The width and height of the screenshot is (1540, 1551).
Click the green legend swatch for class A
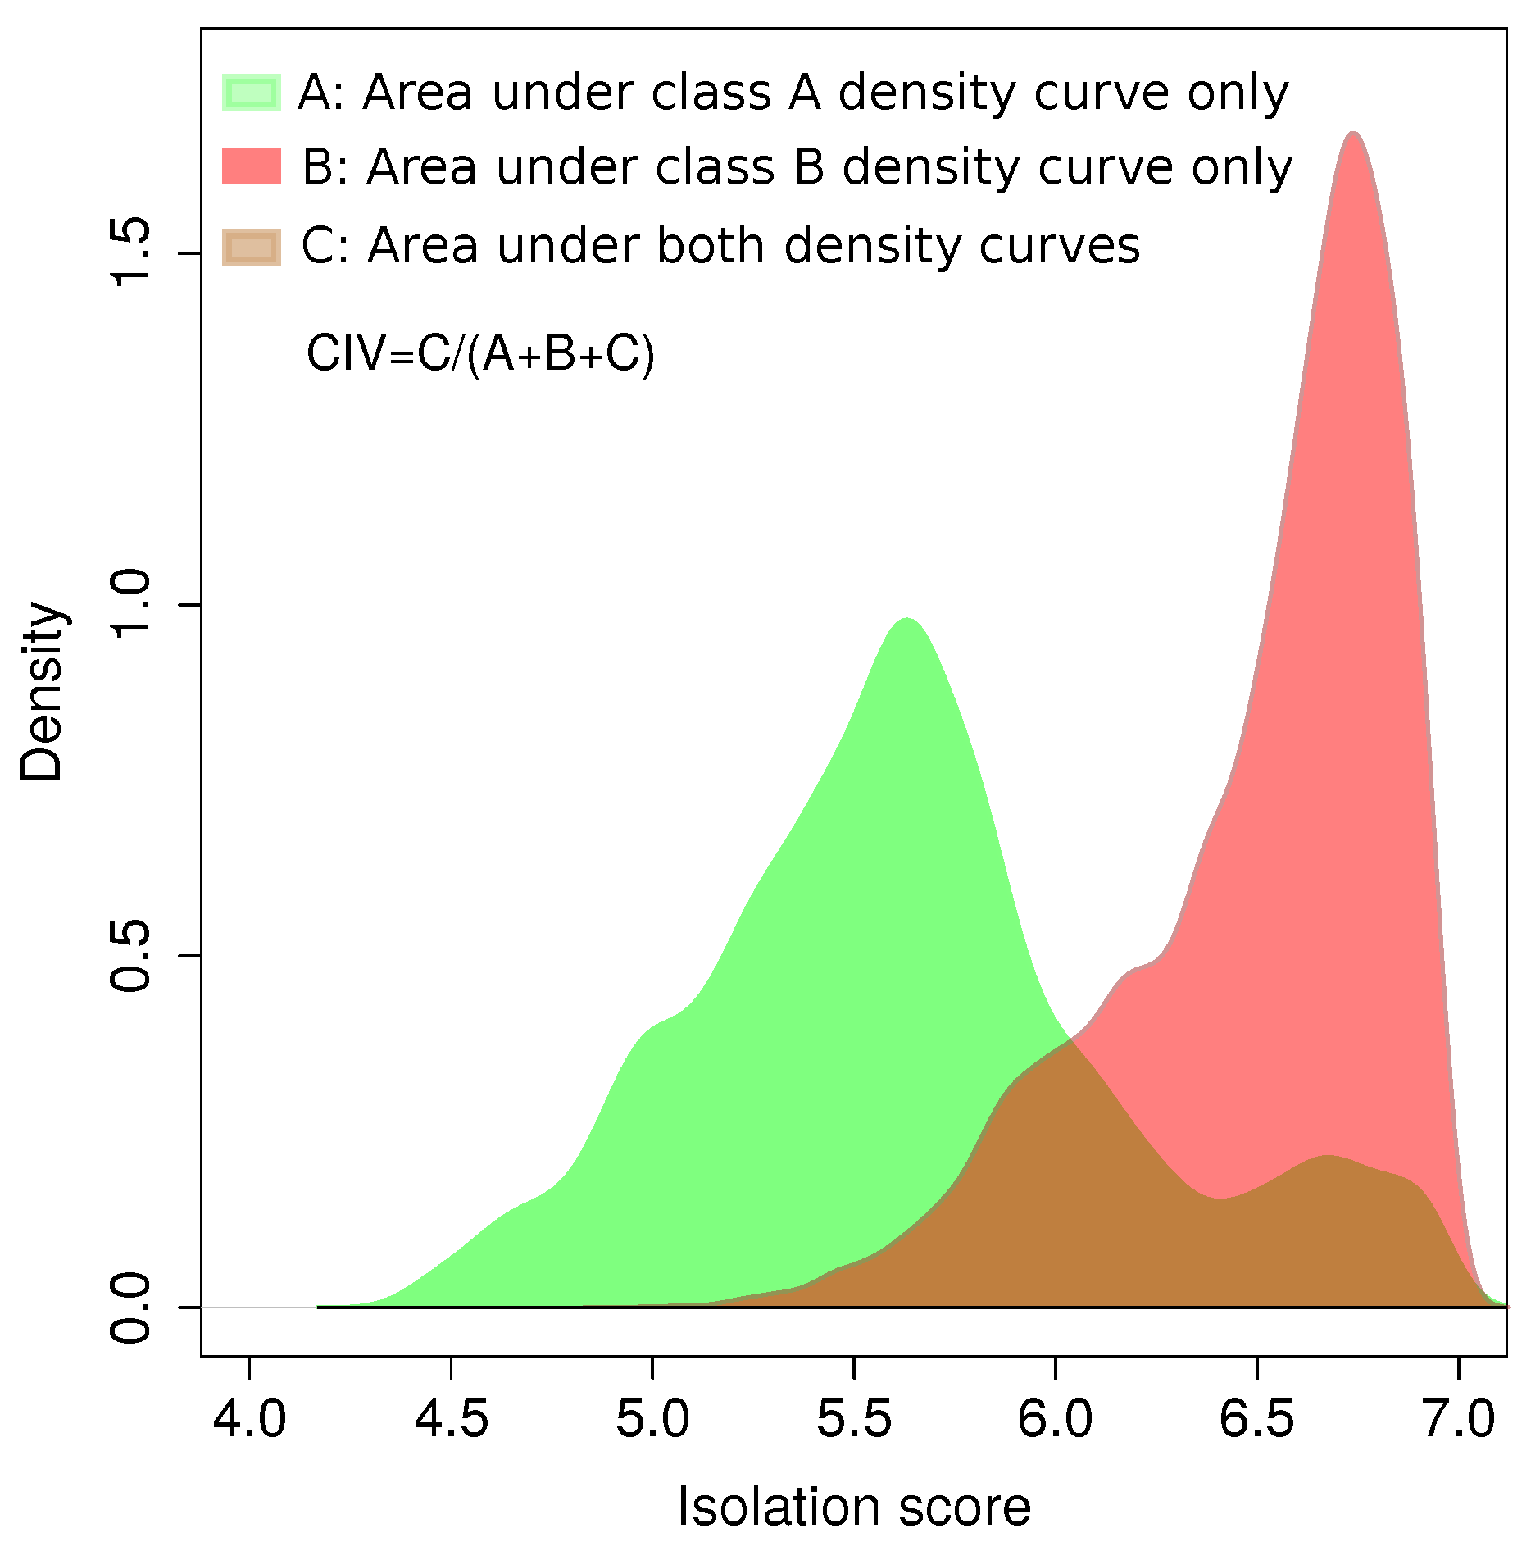click(252, 93)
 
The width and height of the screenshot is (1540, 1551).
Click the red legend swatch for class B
click(252, 166)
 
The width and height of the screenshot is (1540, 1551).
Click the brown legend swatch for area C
click(252, 247)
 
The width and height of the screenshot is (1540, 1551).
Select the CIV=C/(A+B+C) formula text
click(480, 354)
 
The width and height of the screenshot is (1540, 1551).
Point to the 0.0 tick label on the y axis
click(131, 1307)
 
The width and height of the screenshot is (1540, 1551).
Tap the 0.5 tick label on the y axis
click(131, 956)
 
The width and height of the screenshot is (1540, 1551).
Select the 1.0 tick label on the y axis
click(131, 605)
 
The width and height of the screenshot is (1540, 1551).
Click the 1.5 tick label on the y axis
click(131, 253)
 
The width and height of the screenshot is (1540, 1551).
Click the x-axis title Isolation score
click(854, 1507)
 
